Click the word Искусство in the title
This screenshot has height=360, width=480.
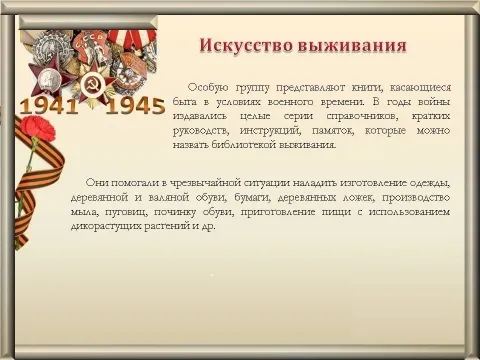coord(246,46)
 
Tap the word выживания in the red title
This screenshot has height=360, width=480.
coord(352,46)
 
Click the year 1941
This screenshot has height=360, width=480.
coord(49,106)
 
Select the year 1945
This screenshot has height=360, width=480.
coord(135,106)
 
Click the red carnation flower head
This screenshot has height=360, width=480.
coord(37,128)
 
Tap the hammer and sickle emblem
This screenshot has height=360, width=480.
coord(90,85)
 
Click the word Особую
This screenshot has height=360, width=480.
coord(208,88)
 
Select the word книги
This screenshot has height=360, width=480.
coord(366,88)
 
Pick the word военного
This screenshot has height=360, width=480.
coord(291,102)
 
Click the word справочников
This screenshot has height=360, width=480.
coord(362,116)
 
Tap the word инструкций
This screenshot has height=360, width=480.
coord(270,131)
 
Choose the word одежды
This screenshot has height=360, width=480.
coord(430,184)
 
